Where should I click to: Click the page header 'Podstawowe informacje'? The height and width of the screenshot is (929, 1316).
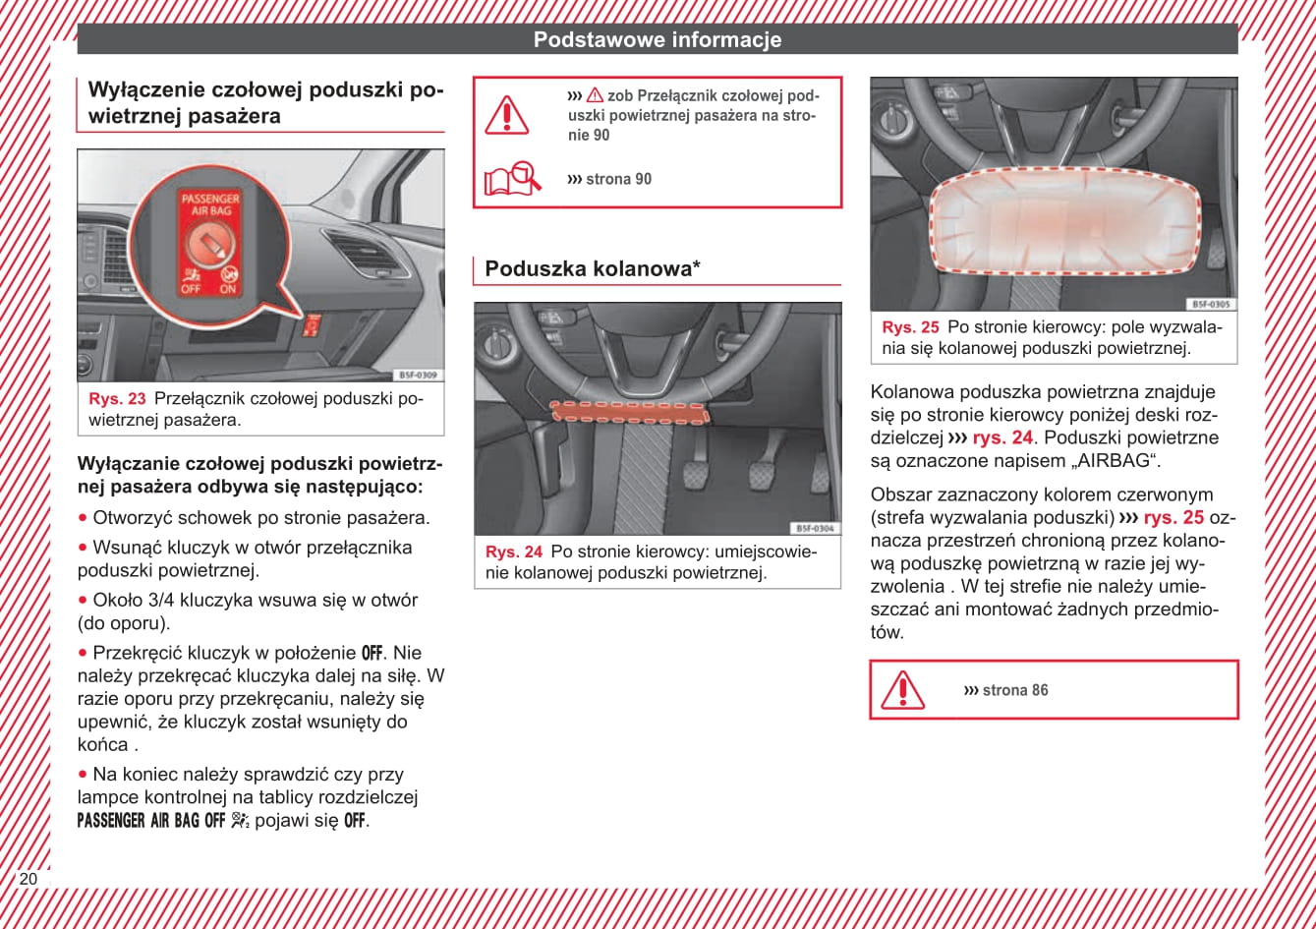(x=657, y=39)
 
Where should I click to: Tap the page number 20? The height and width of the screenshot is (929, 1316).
(x=28, y=879)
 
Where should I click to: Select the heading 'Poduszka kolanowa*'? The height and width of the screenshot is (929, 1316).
(x=592, y=268)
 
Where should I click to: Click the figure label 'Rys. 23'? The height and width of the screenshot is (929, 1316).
(x=117, y=399)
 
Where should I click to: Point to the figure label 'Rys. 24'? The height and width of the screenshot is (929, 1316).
(x=514, y=552)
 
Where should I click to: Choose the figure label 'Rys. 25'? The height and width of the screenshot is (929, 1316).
(x=910, y=327)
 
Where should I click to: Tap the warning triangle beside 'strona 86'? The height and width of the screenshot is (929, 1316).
(x=902, y=689)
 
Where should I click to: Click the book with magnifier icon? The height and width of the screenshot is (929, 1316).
(x=512, y=178)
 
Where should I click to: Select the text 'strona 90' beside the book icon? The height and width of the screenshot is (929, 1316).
(x=617, y=179)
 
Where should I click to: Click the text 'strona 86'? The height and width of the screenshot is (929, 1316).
(x=1014, y=690)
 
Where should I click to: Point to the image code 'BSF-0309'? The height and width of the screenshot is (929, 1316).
(x=419, y=376)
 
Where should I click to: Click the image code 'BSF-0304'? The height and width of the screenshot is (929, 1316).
(x=815, y=528)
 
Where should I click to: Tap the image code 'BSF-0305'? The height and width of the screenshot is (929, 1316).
(x=1211, y=305)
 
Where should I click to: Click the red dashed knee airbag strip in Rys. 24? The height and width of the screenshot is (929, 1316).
(x=629, y=412)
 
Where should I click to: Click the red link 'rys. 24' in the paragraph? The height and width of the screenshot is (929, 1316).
(x=1002, y=438)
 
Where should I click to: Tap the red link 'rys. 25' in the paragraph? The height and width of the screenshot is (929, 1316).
(x=1173, y=518)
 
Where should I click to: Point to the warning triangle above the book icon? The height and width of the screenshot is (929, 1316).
(x=507, y=115)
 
